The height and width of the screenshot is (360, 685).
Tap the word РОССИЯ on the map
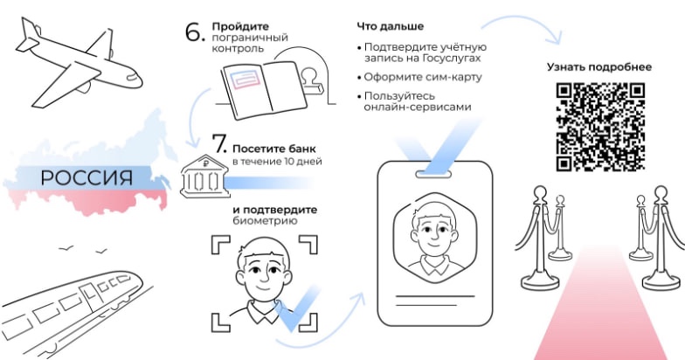coord(86,178)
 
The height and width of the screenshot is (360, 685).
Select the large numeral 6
coord(195,32)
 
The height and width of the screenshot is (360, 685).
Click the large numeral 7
coord(219,143)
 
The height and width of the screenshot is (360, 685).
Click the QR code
coord(600,127)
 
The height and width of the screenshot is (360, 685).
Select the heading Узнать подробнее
coord(599,67)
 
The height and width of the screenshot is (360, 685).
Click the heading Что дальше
coord(390,26)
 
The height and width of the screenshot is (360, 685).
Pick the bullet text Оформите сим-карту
coord(423,77)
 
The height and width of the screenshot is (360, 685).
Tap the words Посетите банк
coord(274,149)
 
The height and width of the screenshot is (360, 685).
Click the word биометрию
coord(266,220)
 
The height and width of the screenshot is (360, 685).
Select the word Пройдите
coord(240,26)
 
